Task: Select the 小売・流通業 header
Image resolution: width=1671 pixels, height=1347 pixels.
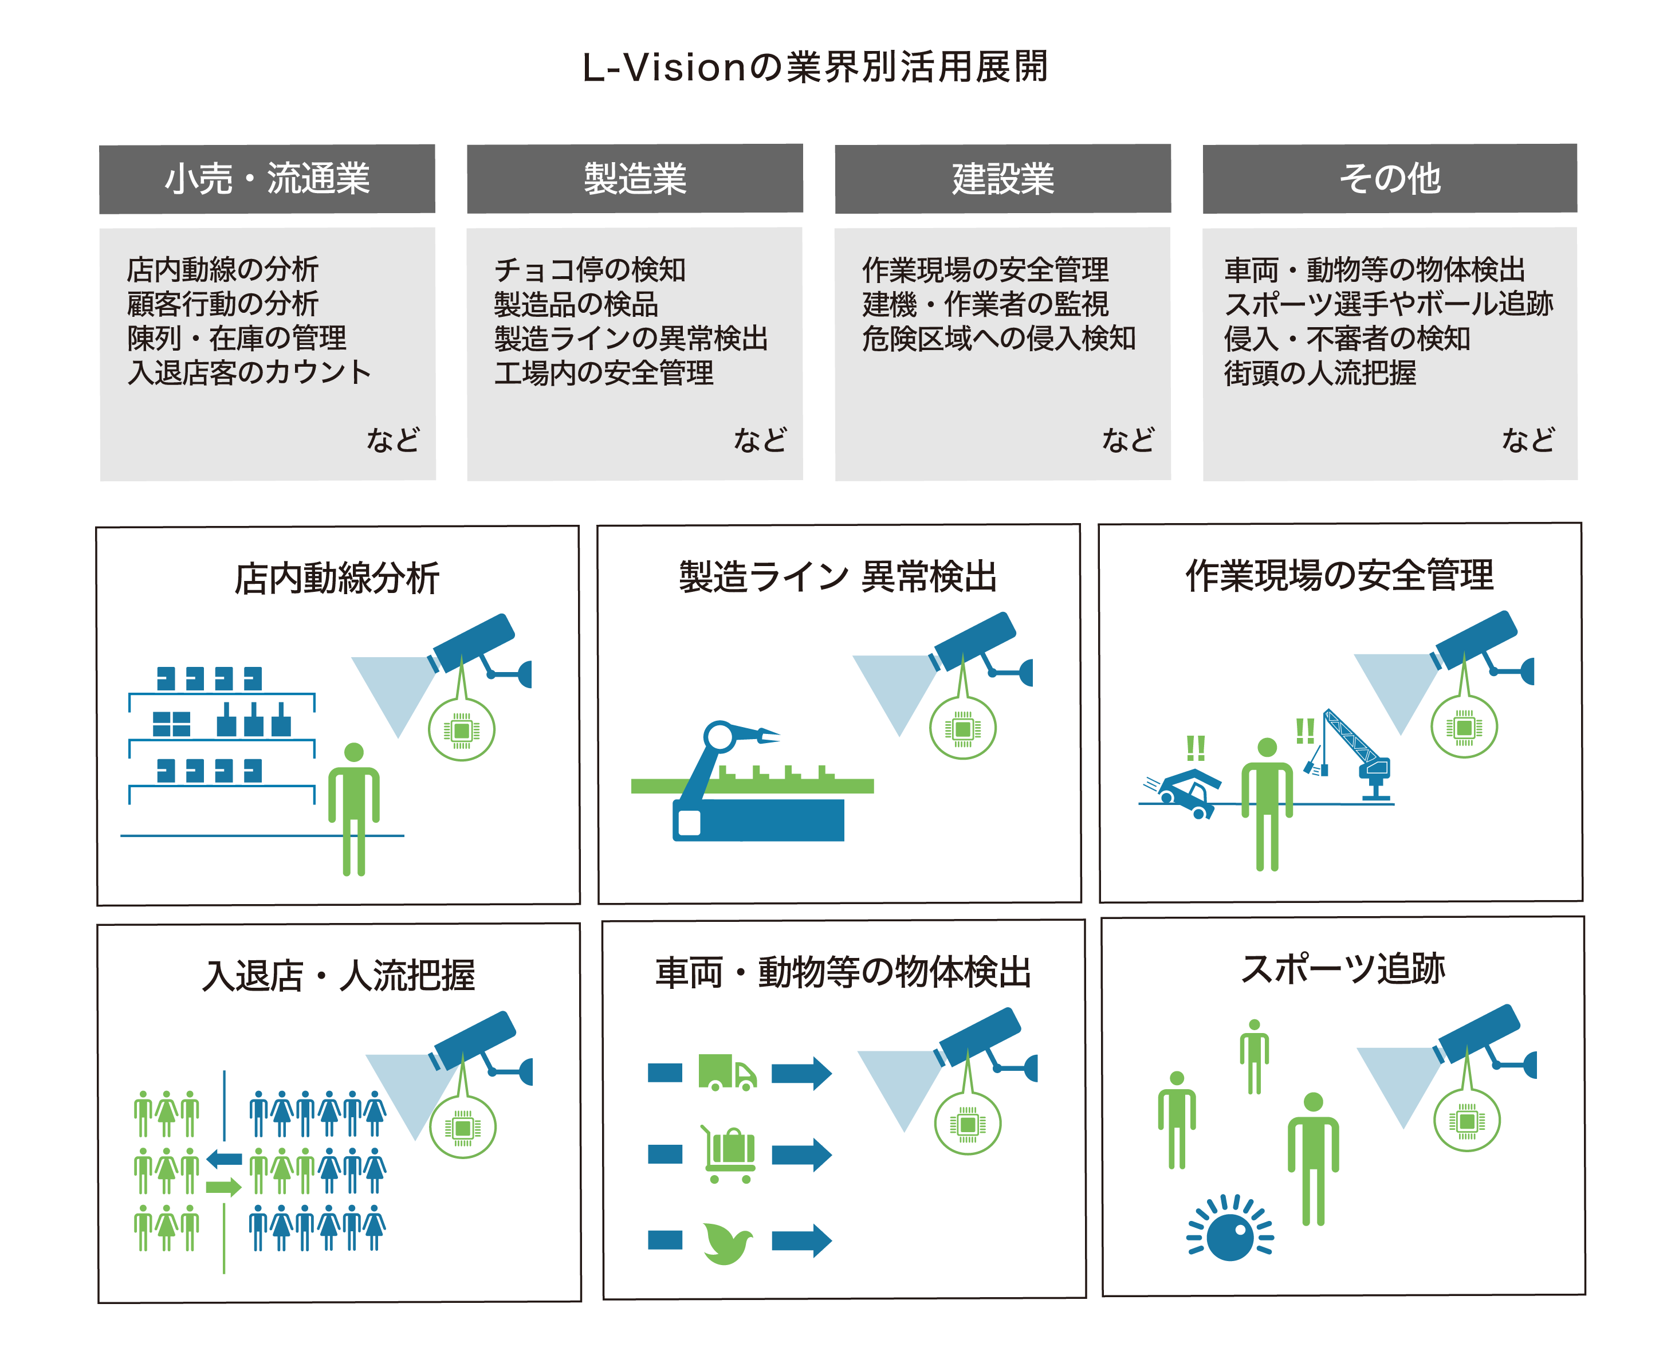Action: tap(267, 178)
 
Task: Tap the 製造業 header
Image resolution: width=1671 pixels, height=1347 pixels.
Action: tap(635, 178)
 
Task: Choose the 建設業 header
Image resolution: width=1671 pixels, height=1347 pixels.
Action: tap(1002, 178)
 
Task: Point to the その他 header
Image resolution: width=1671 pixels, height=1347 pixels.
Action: tap(1389, 178)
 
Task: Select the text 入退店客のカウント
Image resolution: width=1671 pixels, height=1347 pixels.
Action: tap(249, 372)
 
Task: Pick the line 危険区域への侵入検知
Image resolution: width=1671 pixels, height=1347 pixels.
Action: tap(998, 338)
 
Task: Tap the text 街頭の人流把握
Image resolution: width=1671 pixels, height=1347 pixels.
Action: tap(1320, 372)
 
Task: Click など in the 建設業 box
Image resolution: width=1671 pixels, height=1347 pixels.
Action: tap(1128, 440)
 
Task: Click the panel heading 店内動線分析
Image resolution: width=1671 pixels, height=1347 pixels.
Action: tap(337, 579)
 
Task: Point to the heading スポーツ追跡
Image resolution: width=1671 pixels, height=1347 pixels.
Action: tap(1343, 968)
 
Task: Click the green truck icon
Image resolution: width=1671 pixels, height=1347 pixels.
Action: tap(726, 1073)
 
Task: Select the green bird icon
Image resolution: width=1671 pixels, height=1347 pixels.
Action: tap(727, 1242)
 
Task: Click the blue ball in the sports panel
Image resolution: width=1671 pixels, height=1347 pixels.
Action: tap(1229, 1238)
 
